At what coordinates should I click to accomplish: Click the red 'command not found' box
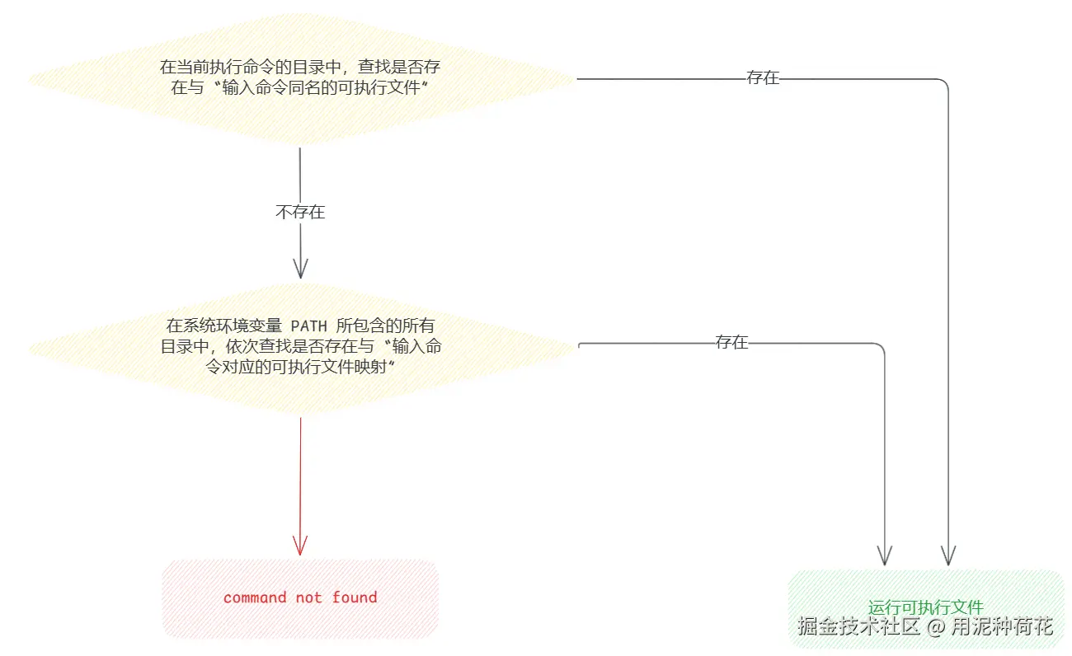[x=300, y=598]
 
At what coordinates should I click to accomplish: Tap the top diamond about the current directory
[x=300, y=79]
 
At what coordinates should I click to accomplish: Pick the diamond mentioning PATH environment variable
[x=300, y=346]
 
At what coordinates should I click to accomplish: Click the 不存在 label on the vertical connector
[x=300, y=212]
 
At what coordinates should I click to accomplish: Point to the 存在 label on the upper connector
[x=763, y=79]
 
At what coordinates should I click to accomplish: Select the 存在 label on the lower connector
[x=731, y=343]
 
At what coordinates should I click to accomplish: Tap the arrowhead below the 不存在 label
[x=300, y=267]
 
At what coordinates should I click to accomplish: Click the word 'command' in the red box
[x=255, y=597]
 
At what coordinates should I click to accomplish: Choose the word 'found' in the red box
[x=355, y=597]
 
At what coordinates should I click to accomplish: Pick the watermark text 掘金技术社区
[x=858, y=626]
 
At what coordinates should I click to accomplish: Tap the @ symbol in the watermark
[x=934, y=627]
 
